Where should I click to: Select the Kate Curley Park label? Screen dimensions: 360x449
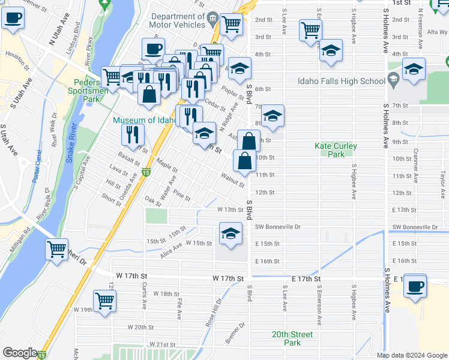coord(336,150)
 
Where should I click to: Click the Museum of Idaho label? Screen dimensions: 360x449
coord(144,121)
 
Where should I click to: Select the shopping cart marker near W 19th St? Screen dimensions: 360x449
coord(104,302)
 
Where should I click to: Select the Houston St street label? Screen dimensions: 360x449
coord(17,61)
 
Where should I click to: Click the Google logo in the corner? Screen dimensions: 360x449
coord(20,353)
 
